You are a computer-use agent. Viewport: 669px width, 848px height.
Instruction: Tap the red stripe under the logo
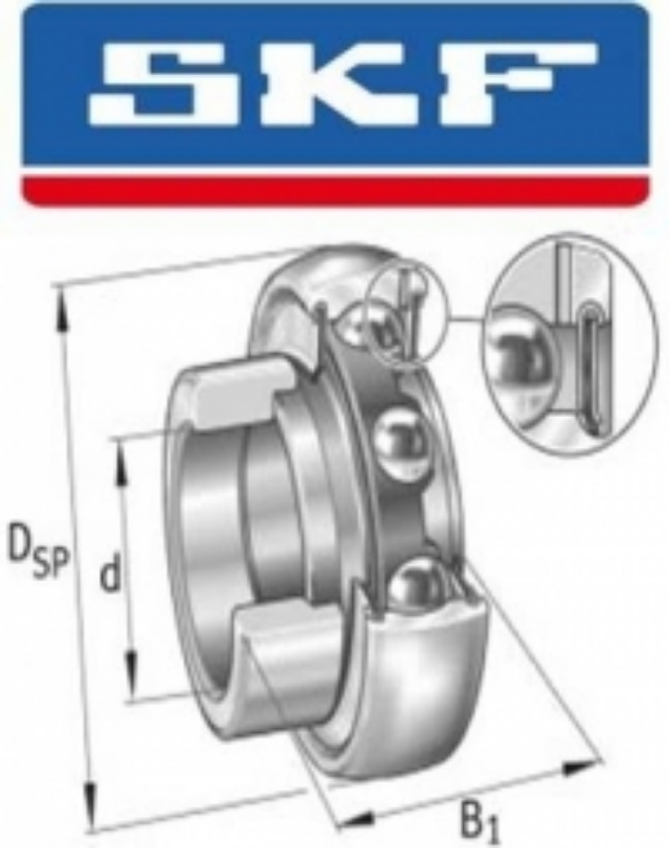(x=335, y=190)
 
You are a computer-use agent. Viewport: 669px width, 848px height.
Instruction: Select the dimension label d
(x=110, y=574)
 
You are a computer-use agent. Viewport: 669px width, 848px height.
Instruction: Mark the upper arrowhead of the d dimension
(x=123, y=459)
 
